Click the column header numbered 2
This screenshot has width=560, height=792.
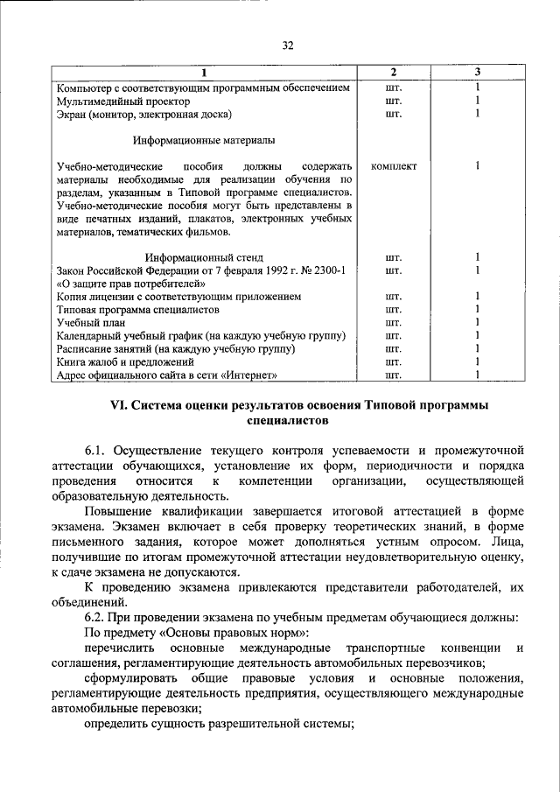(393, 72)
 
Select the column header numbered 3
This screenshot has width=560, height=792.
(478, 72)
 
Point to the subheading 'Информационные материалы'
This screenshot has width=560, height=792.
(204, 140)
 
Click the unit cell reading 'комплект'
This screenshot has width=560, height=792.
(394, 165)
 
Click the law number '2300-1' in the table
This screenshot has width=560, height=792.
(331, 270)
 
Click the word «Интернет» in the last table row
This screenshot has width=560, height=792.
(249, 375)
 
